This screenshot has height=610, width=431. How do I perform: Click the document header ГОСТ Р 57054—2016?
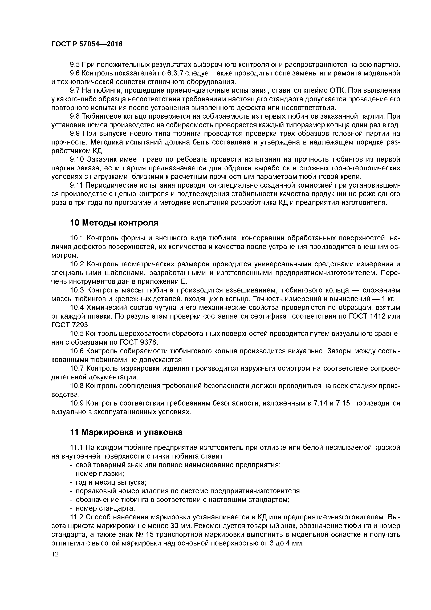click(x=87, y=44)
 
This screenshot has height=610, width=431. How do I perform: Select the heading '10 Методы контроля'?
click(x=114, y=223)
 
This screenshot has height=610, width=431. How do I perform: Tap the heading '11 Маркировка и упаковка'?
click(x=126, y=432)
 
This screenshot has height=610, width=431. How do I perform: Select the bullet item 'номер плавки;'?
click(x=100, y=473)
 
